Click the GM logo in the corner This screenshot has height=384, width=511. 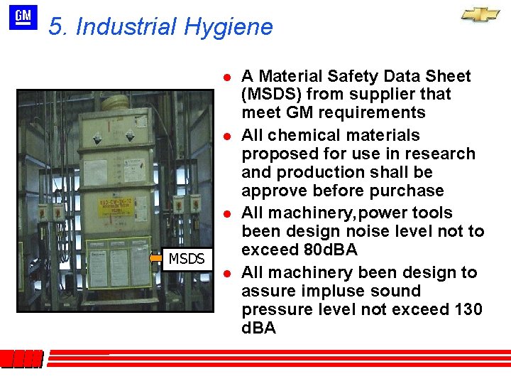pos(23,17)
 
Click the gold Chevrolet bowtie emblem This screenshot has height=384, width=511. pos(480,15)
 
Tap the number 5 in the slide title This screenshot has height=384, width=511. pos(56,27)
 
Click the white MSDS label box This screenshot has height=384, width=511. pos(187,259)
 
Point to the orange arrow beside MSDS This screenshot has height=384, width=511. pos(156,259)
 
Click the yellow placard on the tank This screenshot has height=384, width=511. pos(119,211)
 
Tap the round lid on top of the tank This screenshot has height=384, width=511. pos(121,102)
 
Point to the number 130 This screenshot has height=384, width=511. pos(467,309)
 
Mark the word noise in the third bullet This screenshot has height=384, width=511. pos(363,231)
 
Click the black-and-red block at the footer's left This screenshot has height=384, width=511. pos(22,359)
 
